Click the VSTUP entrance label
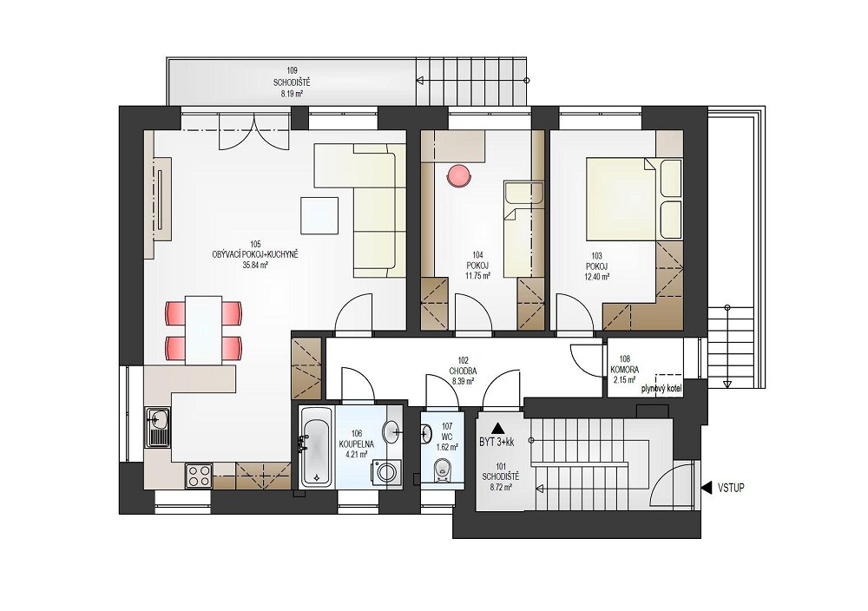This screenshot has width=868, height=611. point(731,488)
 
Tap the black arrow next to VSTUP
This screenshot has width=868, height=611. point(707,488)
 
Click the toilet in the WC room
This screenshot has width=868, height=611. point(442,470)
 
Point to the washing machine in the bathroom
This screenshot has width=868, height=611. point(385,472)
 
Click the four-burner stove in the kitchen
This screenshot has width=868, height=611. point(199,476)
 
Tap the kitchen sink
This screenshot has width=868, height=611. point(158,427)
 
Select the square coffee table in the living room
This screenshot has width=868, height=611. point(319,215)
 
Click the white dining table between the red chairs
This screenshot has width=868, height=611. point(203,330)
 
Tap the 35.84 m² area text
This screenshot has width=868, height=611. point(255,265)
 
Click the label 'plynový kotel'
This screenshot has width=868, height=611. point(661,389)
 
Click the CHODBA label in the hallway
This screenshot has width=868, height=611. point(463,371)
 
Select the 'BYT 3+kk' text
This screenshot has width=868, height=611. point(496,443)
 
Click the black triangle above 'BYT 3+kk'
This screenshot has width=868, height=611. point(498,427)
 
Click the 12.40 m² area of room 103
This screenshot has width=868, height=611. point(597,276)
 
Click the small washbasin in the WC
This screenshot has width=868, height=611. point(425,433)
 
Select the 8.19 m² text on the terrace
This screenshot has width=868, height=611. point(292,94)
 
